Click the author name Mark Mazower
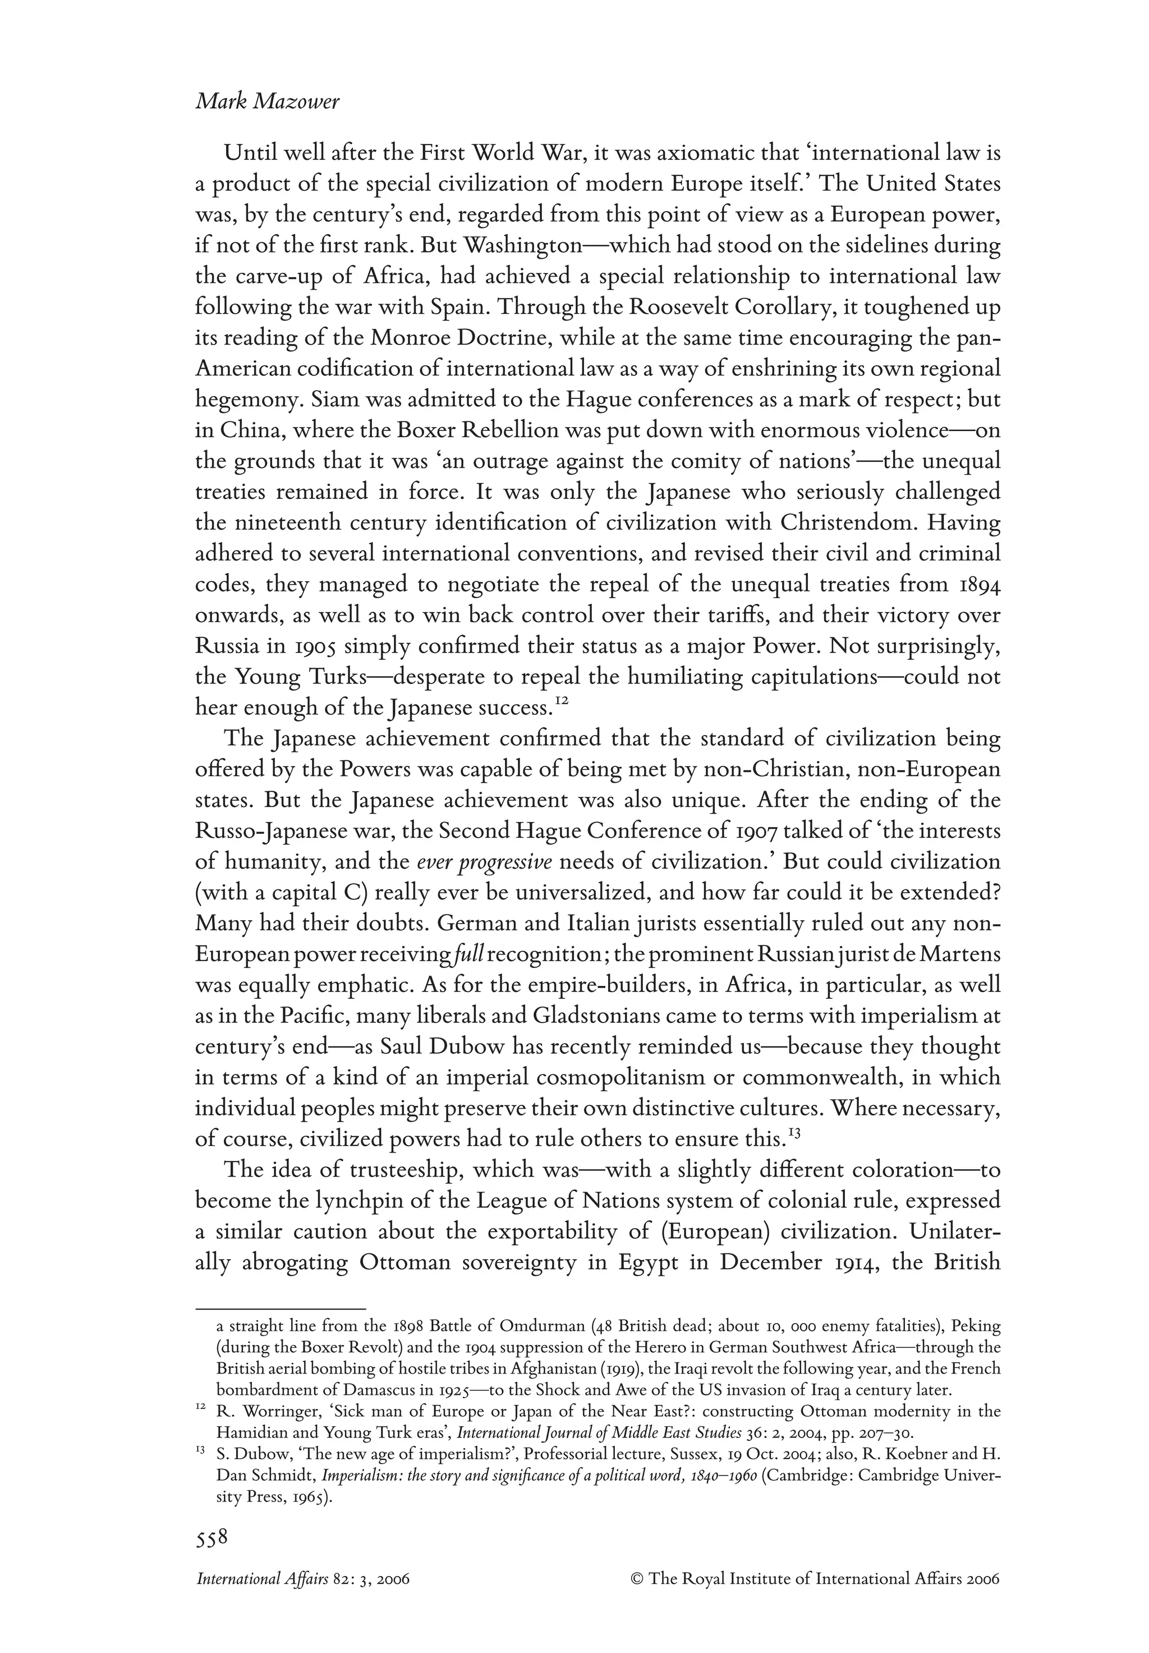(267, 102)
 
